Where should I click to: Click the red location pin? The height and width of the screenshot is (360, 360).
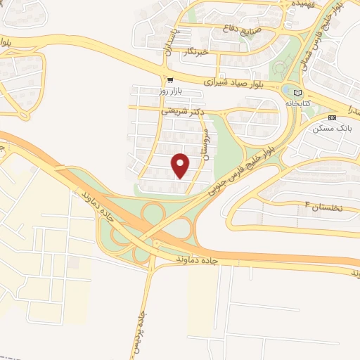[x=181, y=165]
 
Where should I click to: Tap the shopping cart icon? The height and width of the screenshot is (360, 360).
[x=170, y=79]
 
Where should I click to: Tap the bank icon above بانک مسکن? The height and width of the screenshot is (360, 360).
[x=333, y=117]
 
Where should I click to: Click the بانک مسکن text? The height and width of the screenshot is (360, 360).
[x=334, y=129]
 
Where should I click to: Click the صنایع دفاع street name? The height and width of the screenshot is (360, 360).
[x=240, y=30]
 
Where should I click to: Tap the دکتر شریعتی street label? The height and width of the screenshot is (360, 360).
[x=182, y=110]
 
